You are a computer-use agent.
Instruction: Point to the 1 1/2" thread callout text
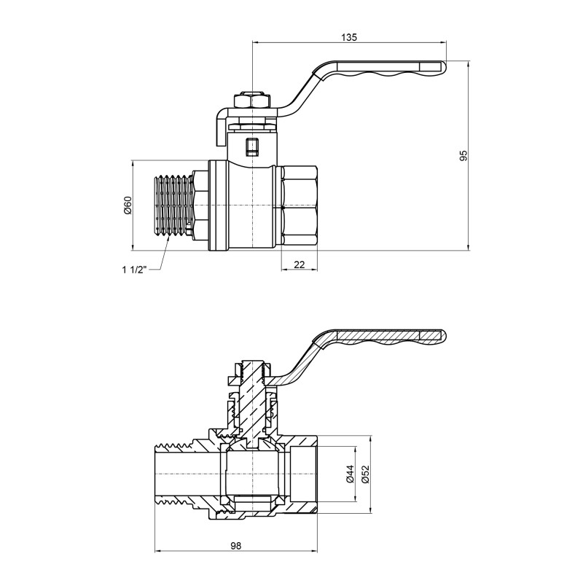coord(134,270)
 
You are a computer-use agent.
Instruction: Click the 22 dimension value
coord(299,264)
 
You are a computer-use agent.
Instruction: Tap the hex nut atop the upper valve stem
coord(251,101)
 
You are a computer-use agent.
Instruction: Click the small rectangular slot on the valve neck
coord(251,147)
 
